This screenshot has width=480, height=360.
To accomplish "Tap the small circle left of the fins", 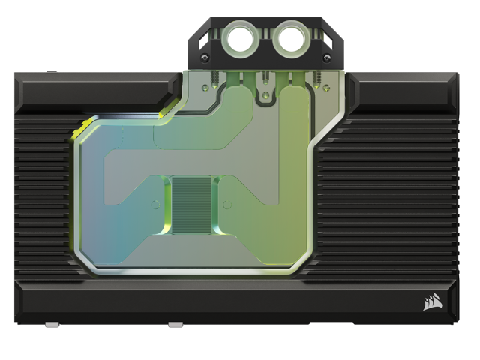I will (155, 203).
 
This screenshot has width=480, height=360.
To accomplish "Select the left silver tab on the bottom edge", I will (52, 325).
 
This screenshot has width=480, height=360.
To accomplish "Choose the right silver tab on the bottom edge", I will (175, 325).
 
